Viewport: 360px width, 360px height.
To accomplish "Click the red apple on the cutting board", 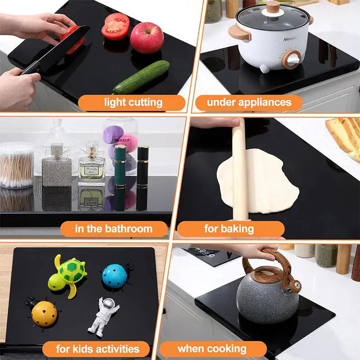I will pyautogui.click(x=147, y=38).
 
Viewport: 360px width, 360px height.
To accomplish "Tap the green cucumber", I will pyautogui.click(x=141, y=77).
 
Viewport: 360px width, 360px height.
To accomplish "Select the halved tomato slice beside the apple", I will pyautogui.click(x=115, y=26).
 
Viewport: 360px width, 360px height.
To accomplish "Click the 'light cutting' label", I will pyautogui.click(x=133, y=103).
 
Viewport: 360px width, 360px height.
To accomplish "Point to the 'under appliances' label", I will pyautogui.click(x=249, y=103).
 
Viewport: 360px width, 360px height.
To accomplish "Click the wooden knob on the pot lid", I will pyautogui.click(x=273, y=8).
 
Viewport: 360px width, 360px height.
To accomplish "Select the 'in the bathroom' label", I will pyautogui.click(x=114, y=229).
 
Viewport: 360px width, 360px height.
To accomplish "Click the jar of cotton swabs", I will pyautogui.click(x=16, y=165).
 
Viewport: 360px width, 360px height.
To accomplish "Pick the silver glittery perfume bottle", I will pyautogui.click(x=57, y=166).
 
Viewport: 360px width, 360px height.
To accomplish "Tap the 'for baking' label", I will pyautogui.click(x=229, y=229).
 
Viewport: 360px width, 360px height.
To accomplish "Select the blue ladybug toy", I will pyautogui.click(x=115, y=274).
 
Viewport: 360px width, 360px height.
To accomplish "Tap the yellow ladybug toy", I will pyautogui.click(x=43, y=313).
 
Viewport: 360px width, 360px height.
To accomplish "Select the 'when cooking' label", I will pyautogui.click(x=212, y=349).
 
